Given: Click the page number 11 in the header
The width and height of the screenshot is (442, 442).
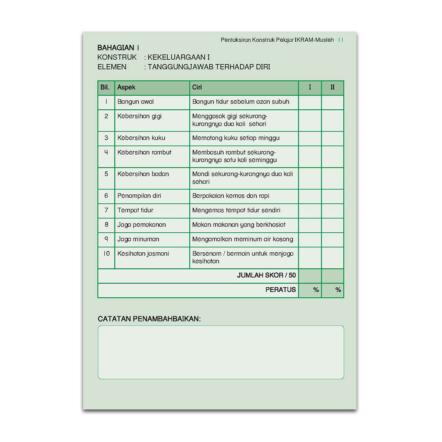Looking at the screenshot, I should point(341,40).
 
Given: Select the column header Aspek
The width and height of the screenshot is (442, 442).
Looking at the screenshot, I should point(126,88).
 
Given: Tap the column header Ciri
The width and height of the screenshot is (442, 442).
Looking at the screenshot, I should point(197,88).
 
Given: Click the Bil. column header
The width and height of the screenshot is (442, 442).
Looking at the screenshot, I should point(105,88).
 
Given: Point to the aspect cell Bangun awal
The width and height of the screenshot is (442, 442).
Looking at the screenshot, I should point(136,102).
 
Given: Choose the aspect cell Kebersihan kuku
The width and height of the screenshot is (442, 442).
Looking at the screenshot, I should point(141,138).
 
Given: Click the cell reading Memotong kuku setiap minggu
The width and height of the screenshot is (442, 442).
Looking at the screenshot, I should point(236,138).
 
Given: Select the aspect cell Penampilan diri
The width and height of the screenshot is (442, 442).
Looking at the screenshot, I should point(139,196).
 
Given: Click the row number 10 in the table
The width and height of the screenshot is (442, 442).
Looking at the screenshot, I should point(106,254).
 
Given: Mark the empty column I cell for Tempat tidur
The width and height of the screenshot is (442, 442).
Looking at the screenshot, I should point(310,211).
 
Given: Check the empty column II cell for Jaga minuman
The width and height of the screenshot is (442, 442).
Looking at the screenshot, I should point(332,239).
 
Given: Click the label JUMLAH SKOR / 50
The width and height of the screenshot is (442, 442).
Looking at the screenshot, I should point(266,276).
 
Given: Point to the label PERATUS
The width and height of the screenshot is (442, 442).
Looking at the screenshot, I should point(280,290).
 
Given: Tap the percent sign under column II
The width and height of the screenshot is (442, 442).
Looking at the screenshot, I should point(338,290).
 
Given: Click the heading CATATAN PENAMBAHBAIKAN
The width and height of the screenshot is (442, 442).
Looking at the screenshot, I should point(149,319).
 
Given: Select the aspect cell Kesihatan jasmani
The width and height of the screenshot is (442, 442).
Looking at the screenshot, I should point(143,254).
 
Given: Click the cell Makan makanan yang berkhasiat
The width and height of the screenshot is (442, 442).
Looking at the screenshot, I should point(239,225).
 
